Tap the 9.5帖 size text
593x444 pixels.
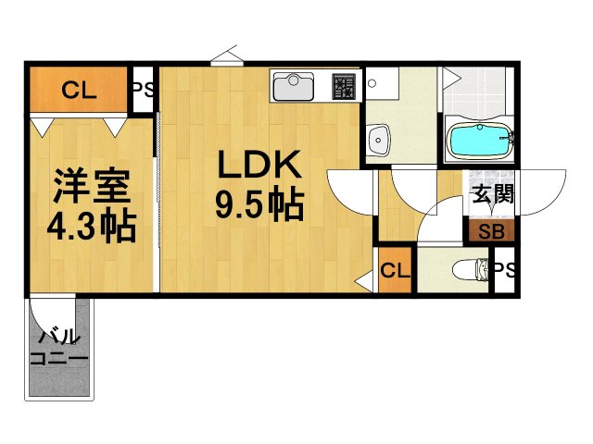[x=259, y=205]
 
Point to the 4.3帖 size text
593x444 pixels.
[x=90, y=225]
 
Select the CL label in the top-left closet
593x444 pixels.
[x=78, y=90]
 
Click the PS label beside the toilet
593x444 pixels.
[x=505, y=269]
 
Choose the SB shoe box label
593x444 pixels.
[x=491, y=232]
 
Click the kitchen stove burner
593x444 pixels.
[x=344, y=87]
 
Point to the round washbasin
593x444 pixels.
[x=378, y=142]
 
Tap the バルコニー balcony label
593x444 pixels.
[x=58, y=348]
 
